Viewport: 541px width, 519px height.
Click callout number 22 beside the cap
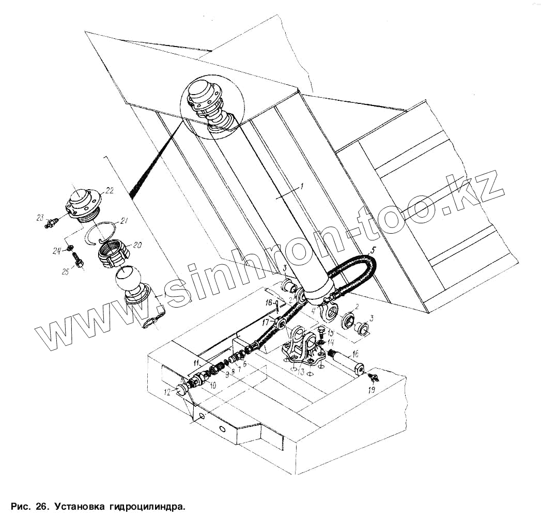pyautogui.click(x=109, y=190)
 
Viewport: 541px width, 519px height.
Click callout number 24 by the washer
pyautogui.click(x=56, y=251)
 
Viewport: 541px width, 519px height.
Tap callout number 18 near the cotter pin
pyautogui.click(x=269, y=302)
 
